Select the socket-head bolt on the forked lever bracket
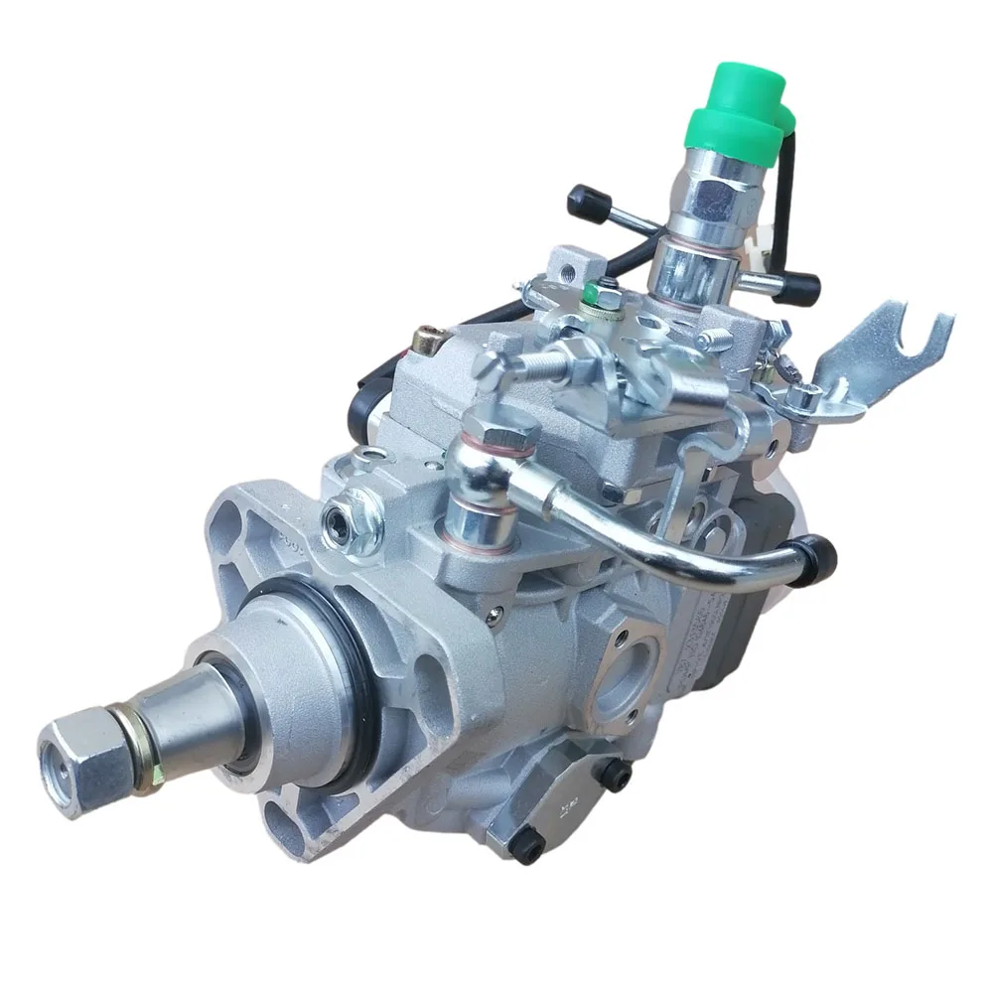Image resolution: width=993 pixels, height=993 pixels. (800, 398)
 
